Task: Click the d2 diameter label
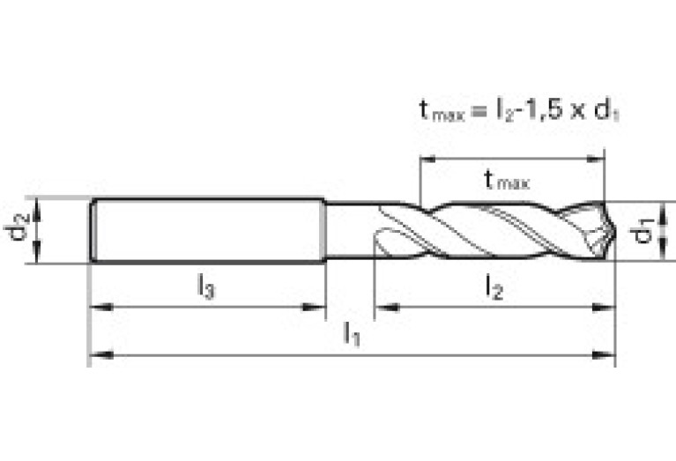point(17,227)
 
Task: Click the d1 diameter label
point(642,231)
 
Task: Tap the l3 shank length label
point(206,286)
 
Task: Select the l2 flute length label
point(494,286)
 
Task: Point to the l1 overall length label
point(352,333)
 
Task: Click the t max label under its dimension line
point(507,181)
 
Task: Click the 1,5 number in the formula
point(544,109)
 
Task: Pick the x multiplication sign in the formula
point(577,112)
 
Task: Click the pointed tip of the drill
point(615,232)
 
